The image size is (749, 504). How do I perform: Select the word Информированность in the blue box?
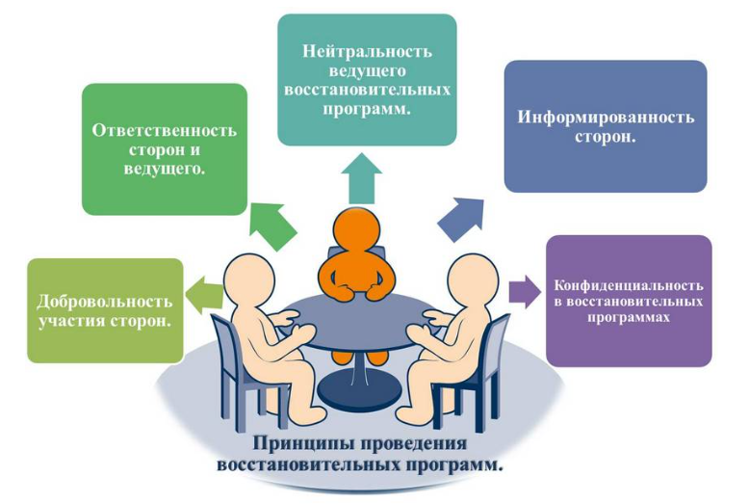tap(606, 118)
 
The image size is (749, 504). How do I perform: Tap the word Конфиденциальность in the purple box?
tap(629, 286)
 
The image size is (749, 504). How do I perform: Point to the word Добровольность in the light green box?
tap(105, 301)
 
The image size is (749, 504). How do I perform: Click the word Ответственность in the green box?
tap(165, 131)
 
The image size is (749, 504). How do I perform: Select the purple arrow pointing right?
tap(525, 289)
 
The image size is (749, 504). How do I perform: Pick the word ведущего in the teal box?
tap(367, 70)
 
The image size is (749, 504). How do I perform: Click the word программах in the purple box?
tap(629, 317)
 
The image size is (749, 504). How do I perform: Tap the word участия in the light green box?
tap(75, 321)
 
